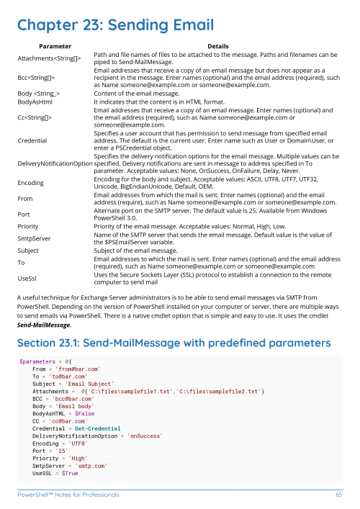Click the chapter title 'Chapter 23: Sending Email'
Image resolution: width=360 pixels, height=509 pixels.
116,26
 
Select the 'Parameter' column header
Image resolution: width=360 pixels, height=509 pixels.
50,45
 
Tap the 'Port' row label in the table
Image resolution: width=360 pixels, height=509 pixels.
24,214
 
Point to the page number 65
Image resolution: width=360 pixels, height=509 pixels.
338,495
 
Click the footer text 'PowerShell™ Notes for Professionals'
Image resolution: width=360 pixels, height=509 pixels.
69,495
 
